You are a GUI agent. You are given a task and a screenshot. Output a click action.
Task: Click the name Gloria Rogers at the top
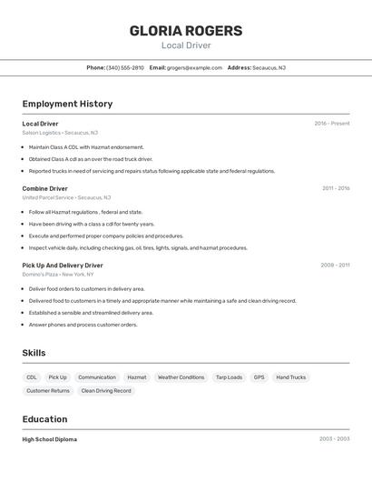pos(186,30)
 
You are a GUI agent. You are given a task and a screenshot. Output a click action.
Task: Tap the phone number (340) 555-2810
pos(125,67)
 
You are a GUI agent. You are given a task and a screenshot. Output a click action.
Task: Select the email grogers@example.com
pos(194,67)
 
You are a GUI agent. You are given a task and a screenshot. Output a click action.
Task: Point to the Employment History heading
pos(67,104)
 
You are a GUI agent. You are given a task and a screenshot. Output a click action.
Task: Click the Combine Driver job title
pos(45,188)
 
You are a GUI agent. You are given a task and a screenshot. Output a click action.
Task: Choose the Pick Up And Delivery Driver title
pos(63,266)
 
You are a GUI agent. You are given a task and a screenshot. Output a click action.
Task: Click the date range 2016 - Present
pos(332,124)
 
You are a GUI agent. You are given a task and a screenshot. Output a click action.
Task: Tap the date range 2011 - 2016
pos(336,188)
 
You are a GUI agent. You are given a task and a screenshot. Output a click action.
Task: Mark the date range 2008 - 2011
pos(335,266)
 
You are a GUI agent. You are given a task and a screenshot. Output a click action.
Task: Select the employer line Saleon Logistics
pos(60,133)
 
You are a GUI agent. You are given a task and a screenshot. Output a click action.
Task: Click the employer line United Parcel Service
pos(66,197)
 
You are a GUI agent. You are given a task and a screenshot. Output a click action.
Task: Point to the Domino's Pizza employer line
pos(58,274)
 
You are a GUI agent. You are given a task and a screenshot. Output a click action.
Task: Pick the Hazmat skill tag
pos(137,377)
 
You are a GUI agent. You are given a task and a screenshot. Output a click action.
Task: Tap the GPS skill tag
pos(259,377)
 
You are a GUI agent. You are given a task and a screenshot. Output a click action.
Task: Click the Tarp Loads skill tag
pos(229,377)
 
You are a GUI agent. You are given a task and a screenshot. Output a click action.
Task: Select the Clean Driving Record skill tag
pos(106,390)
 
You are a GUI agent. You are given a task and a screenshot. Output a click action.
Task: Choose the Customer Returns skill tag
pos(48,390)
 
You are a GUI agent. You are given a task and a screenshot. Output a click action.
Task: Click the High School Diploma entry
pos(50,439)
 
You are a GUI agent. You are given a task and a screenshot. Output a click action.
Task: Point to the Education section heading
pos(44,419)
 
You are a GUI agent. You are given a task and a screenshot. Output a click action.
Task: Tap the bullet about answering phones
pos(83,325)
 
